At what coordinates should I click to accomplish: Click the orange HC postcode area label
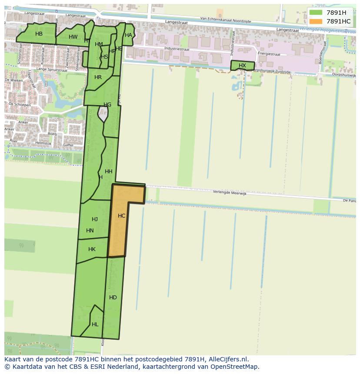[x=121, y=216]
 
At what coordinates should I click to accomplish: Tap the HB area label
[x=39, y=34]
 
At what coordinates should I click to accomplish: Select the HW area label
[x=73, y=37]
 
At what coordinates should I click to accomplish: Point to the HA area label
[x=128, y=35]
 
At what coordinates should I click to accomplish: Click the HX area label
[x=242, y=66]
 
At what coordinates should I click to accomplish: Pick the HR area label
[x=98, y=77]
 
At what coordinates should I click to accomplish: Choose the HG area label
[x=107, y=105]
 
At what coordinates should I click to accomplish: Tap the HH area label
[x=108, y=172]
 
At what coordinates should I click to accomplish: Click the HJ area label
[x=95, y=219]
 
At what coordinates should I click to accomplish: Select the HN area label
[x=90, y=231]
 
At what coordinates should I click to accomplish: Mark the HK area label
[x=92, y=249]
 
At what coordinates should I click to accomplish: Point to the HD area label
[x=113, y=298]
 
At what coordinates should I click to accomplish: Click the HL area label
[x=95, y=324]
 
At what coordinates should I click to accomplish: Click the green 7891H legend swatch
[x=316, y=13]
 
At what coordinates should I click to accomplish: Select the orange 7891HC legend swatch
[x=316, y=21]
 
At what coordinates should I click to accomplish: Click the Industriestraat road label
[x=177, y=49]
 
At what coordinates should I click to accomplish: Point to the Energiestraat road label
[x=268, y=54]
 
